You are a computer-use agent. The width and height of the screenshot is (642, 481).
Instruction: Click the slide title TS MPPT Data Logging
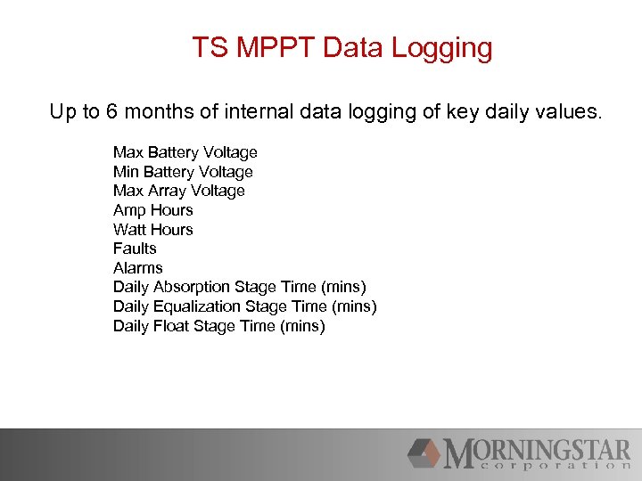(x=342, y=47)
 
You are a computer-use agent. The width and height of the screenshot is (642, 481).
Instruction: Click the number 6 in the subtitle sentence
(x=112, y=112)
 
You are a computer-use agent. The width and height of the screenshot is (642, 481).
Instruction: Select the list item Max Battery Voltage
(x=185, y=152)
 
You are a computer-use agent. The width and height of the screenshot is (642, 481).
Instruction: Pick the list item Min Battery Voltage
(x=183, y=172)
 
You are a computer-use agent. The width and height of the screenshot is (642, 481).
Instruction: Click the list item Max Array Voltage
(x=178, y=191)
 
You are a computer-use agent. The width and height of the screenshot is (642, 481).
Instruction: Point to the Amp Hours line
(x=152, y=210)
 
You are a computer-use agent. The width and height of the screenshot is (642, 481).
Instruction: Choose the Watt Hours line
(x=152, y=230)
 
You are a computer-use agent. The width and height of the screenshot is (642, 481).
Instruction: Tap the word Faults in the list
(x=135, y=249)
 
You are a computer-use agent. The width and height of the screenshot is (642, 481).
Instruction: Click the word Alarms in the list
(x=137, y=268)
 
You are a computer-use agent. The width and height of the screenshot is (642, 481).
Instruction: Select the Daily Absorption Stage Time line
(x=239, y=287)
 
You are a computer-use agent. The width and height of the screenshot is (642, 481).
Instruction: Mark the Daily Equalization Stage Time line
(x=244, y=306)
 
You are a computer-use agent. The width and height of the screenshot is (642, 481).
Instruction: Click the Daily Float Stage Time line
(x=218, y=326)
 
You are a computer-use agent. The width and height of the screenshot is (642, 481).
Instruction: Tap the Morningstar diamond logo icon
(x=424, y=453)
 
